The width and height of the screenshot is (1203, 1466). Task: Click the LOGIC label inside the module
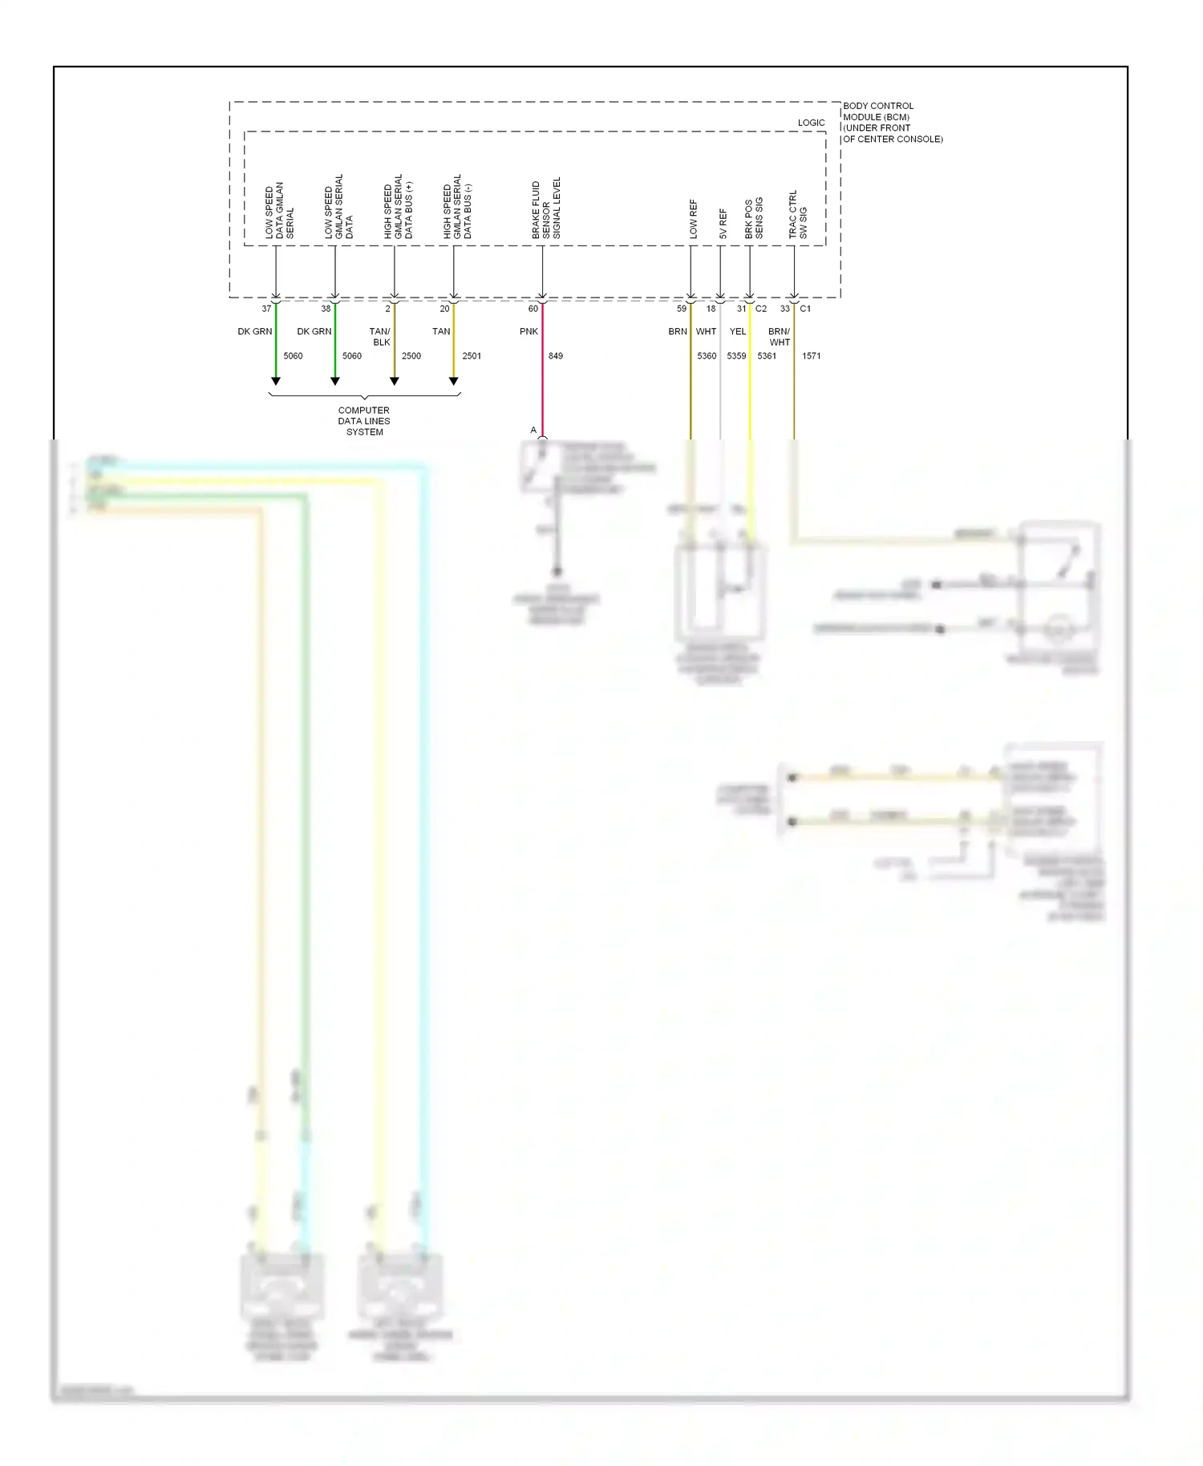[x=811, y=123]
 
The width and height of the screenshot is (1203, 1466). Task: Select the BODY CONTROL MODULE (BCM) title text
[x=892, y=122]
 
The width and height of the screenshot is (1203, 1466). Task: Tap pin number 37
[x=266, y=309]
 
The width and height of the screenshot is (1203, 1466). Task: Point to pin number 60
[x=533, y=309]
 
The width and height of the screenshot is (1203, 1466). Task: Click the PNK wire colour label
[x=529, y=331]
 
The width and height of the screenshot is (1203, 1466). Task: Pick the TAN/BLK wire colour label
[x=380, y=337]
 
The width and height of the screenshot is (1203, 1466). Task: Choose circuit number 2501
[x=472, y=356]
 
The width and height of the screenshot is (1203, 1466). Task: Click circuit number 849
[x=556, y=356]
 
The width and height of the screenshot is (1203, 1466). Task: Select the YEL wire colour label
[x=738, y=331]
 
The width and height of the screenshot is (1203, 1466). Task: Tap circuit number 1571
[x=811, y=356]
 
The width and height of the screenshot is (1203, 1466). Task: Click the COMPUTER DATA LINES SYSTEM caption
[x=364, y=421]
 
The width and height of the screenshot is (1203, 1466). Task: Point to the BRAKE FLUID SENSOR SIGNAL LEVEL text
[x=546, y=209]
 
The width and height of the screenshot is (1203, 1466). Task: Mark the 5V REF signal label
[x=723, y=224]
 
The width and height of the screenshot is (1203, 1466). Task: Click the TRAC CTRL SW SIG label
[x=798, y=214]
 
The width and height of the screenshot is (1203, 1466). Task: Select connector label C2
[x=761, y=309]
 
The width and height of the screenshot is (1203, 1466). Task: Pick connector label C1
[x=805, y=309]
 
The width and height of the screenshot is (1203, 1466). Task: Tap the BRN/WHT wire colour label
[x=780, y=337]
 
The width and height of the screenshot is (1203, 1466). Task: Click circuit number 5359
[x=736, y=356]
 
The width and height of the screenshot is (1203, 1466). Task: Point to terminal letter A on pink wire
[x=533, y=431]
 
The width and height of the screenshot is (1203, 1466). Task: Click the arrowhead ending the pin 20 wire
[x=454, y=382]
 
